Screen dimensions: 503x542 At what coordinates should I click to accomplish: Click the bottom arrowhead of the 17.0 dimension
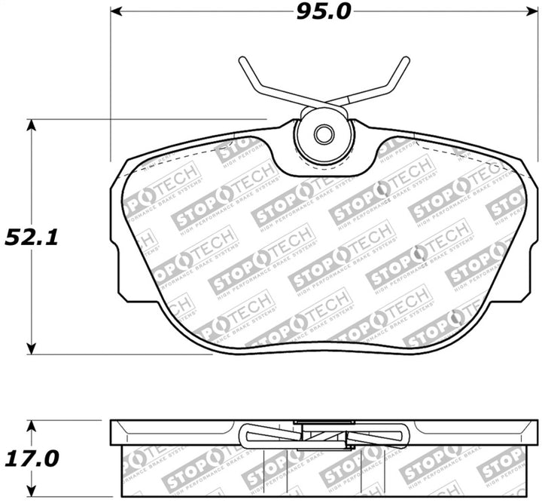[31, 490]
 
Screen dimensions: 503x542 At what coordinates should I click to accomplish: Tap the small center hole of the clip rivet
[324, 135]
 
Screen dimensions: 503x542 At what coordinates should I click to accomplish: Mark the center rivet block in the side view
[324, 432]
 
